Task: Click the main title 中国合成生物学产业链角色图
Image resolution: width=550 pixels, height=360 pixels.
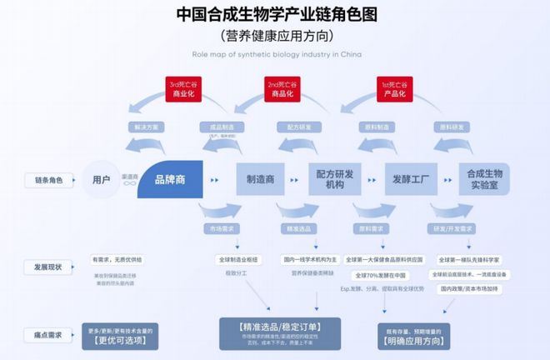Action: coord(274,14)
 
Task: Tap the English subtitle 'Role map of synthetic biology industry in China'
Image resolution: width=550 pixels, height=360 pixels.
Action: coord(274,54)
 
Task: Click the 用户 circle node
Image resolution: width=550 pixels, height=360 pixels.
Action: coord(102,179)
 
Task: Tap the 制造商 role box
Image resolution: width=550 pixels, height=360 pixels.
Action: coord(260,179)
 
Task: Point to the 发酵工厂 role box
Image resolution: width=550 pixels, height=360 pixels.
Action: coord(411,179)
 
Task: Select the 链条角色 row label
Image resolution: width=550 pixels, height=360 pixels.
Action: coord(47,180)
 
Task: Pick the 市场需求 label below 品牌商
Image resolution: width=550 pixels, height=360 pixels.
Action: coord(222,227)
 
